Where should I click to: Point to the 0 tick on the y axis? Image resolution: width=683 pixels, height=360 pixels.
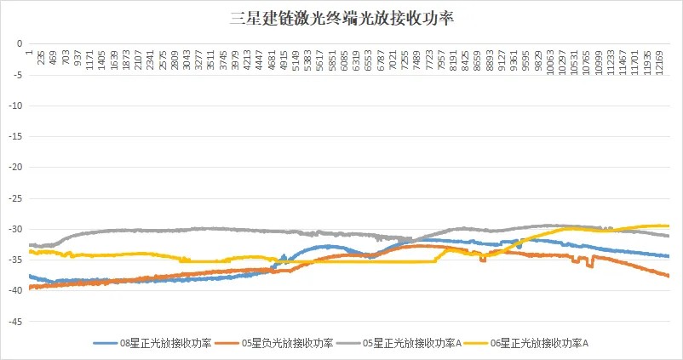pos(18,43)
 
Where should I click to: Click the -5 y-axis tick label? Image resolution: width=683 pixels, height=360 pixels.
pos(16,73)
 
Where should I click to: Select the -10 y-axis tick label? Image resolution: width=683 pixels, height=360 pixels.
pos(14,105)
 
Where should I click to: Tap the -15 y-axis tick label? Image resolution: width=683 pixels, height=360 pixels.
pos(14,135)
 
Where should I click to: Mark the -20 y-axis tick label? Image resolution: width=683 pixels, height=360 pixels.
pos(14,167)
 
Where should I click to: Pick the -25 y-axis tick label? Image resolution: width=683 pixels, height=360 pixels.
pos(14,197)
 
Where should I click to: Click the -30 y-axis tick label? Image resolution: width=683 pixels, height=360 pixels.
pos(14,228)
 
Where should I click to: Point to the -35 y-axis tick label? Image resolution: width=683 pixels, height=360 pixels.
pos(14,260)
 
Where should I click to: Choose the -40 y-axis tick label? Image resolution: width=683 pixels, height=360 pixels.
pos(14,290)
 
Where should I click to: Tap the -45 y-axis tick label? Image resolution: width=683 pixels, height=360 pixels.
pos(14,322)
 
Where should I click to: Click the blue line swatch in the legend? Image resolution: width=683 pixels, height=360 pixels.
pos(106,343)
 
